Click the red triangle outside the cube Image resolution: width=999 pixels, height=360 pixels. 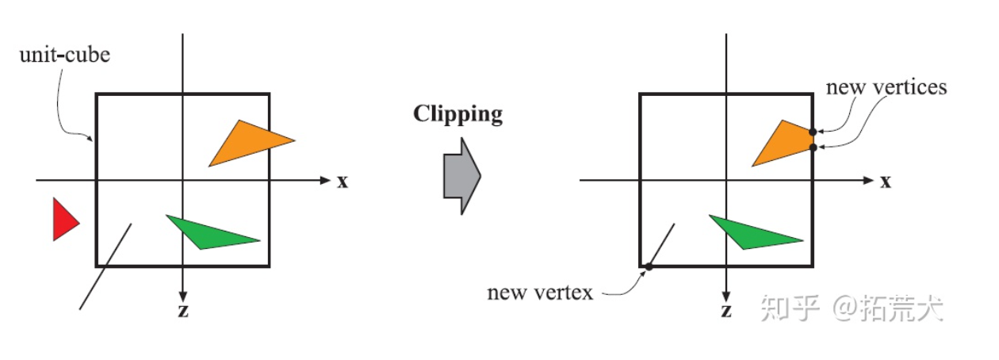coord(63,219)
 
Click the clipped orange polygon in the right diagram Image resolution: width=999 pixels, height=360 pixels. coord(787,144)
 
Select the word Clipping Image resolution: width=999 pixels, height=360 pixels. coord(457,114)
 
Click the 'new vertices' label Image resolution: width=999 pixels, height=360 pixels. coord(886,86)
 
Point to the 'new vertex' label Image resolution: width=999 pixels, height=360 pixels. coord(540,293)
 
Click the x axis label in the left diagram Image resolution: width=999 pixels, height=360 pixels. coord(343,182)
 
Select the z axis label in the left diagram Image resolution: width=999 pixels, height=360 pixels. coord(183,311)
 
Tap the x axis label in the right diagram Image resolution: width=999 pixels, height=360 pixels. coord(885,182)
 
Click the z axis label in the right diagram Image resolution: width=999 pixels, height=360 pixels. coord(725,311)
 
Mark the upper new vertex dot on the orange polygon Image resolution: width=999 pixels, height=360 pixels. coord(813,132)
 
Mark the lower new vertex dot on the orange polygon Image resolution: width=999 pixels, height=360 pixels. coord(813,147)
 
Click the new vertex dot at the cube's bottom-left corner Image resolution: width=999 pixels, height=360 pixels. coord(648,266)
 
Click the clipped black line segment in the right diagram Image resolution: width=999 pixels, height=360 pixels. coord(661,245)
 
